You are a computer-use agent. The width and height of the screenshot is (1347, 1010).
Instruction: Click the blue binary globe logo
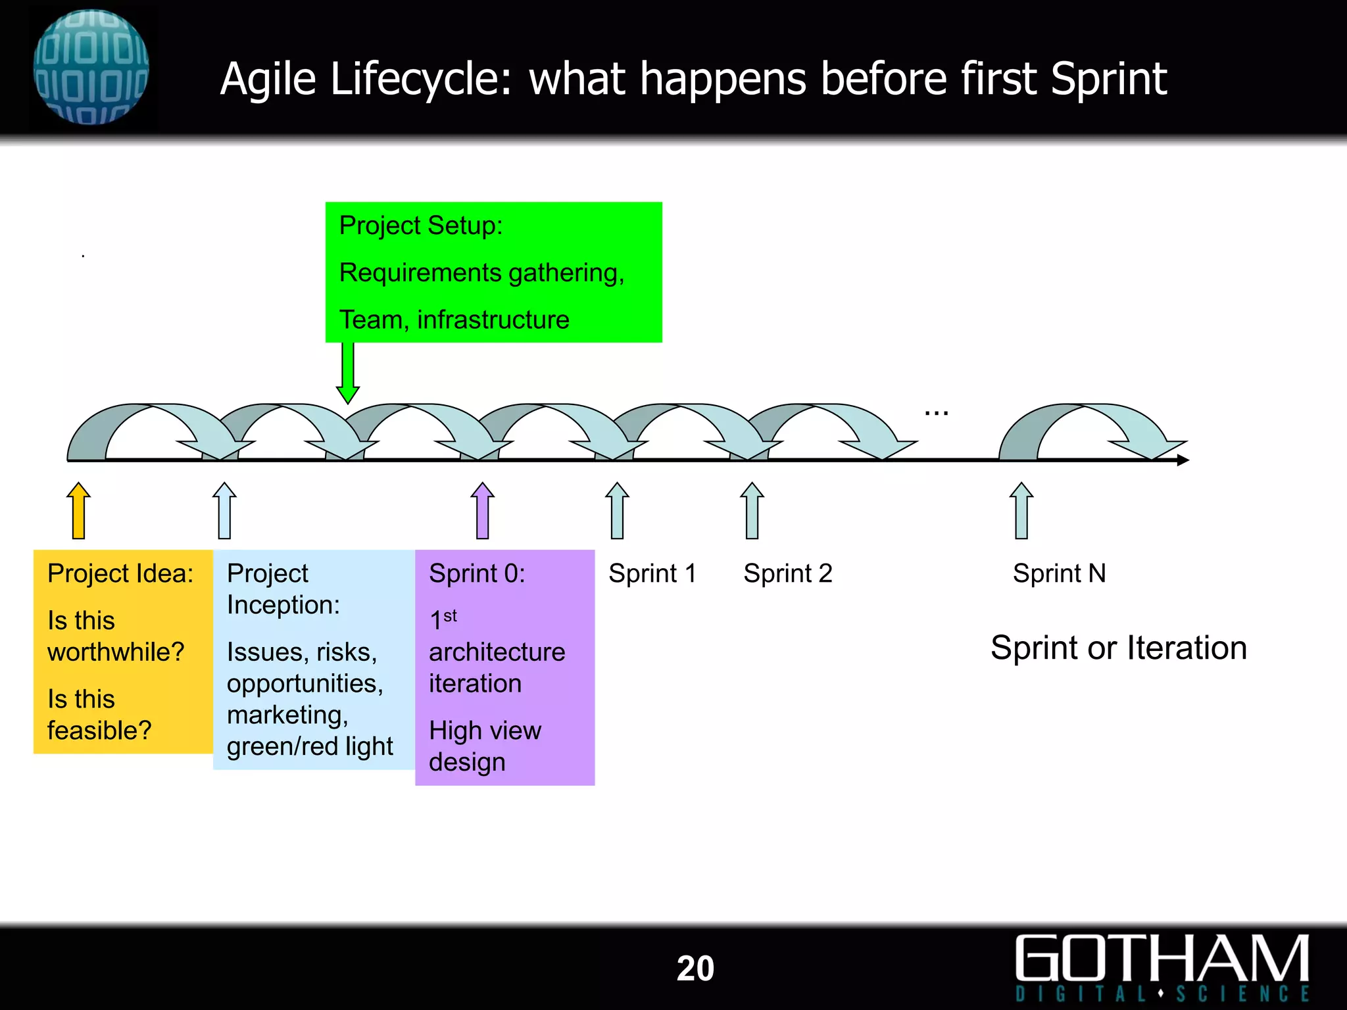91,67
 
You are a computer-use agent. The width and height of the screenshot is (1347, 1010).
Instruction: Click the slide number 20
695,969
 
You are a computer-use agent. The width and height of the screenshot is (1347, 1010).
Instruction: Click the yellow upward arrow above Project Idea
79,511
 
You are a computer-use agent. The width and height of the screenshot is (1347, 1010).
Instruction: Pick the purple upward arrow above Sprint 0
483,511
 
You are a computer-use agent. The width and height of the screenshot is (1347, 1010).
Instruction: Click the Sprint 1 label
652,573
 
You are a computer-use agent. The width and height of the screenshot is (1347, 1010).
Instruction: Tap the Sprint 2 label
787,573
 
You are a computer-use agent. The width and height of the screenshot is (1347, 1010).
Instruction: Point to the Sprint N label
1059,573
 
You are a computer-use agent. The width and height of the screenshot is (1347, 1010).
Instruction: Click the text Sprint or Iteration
1118,648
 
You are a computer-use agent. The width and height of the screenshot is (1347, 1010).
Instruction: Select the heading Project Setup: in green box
421,226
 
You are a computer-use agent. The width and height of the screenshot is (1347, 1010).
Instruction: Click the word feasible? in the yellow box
99,731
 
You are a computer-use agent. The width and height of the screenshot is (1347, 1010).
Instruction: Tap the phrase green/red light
310,746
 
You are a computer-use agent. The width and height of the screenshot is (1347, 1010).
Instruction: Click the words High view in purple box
485,731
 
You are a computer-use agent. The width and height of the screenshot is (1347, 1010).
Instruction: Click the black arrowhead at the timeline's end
1183,460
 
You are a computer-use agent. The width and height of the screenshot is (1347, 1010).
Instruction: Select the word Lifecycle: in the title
421,80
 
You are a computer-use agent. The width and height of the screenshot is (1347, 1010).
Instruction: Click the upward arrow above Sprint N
1021,511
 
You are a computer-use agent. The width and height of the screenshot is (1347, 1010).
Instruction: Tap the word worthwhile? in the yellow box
116,652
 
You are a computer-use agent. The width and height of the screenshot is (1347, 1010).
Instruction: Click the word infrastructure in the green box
493,320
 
